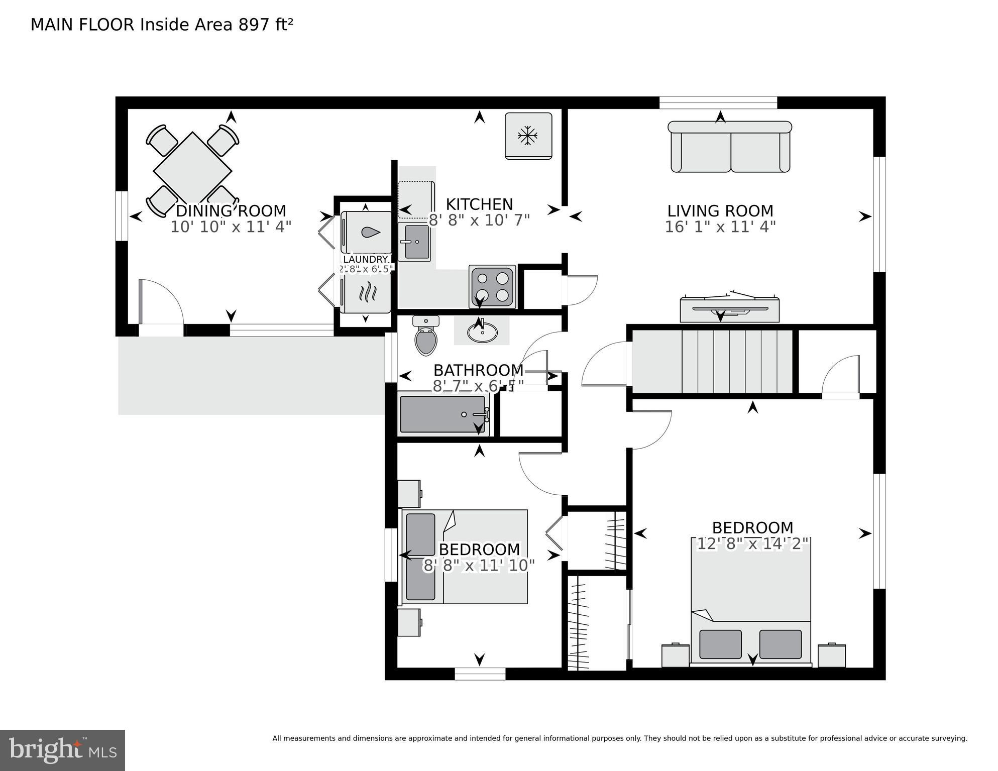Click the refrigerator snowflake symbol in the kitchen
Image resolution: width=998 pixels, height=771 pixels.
click(x=528, y=135)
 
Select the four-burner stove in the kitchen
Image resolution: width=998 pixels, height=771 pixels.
click(x=492, y=287)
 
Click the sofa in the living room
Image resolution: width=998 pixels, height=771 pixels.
click(x=730, y=147)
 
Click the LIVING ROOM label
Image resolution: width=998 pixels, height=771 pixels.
click(x=720, y=210)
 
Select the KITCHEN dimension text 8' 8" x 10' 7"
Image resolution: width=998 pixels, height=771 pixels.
click(x=479, y=220)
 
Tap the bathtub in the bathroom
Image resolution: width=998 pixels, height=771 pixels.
click(x=442, y=414)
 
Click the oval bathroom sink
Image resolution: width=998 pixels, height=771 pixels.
click(x=482, y=332)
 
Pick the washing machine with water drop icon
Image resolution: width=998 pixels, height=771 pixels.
click(x=366, y=232)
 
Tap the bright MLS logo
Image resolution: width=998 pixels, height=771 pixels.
click(x=62, y=750)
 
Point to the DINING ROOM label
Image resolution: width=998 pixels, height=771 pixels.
click(x=231, y=210)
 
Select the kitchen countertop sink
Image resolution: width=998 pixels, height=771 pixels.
click(x=414, y=242)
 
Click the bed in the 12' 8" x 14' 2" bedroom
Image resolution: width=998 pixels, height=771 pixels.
click(x=751, y=603)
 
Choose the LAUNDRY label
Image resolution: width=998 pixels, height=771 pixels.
click(x=365, y=259)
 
